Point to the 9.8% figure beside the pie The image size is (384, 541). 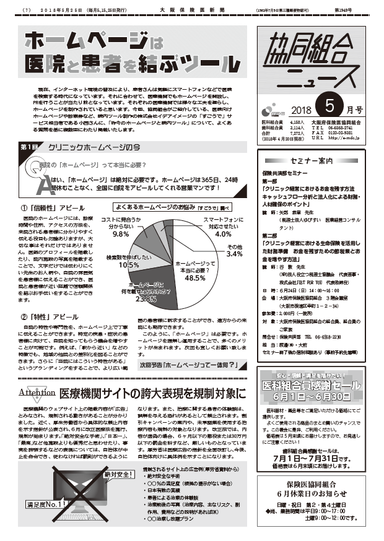coord(120,235)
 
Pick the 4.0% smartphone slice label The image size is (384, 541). coord(223,234)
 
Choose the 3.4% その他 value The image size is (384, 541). coord(234,254)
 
